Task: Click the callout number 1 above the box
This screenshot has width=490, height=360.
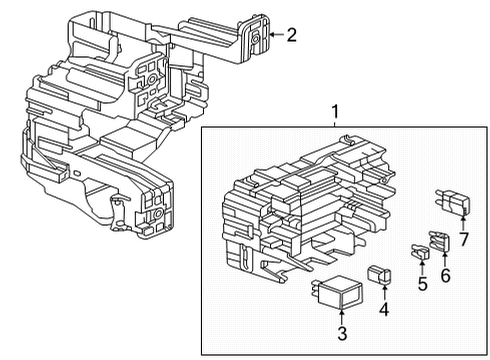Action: pos(337,112)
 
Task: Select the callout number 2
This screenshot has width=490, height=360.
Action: pos(291,37)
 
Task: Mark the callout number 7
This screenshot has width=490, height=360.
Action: pos(463,240)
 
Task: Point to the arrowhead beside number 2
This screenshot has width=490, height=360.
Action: pos(271,37)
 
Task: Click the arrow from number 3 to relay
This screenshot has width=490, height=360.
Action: pos(341,316)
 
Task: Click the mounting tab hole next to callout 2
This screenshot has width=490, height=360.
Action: pos(255,36)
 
